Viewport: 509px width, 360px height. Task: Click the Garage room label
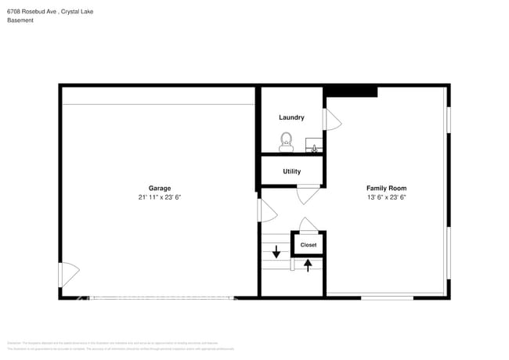(160, 188)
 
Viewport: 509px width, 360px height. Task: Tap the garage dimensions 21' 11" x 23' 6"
(160, 197)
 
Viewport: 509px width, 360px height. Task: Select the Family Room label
(386, 188)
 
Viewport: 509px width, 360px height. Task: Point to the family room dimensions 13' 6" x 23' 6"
(386, 197)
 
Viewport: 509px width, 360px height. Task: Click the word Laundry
(291, 117)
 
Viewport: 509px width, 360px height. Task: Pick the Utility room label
(291, 171)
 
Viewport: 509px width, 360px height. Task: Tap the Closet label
(309, 245)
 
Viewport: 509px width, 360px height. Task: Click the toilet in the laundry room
(287, 142)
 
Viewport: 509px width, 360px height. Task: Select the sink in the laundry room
(313, 146)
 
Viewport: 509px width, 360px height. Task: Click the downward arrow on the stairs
(276, 252)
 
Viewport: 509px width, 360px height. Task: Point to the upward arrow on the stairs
(308, 265)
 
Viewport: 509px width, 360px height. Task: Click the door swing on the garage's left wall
(69, 274)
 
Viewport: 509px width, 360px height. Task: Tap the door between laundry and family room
(332, 119)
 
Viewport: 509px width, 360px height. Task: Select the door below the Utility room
(307, 193)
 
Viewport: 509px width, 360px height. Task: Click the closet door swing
(308, 225)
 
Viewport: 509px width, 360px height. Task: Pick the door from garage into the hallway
(267, 211)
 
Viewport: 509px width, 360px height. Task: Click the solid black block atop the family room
(352, 92)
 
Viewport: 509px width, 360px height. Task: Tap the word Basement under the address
(20, 20)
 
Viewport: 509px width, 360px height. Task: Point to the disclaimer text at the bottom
(121, 346)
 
